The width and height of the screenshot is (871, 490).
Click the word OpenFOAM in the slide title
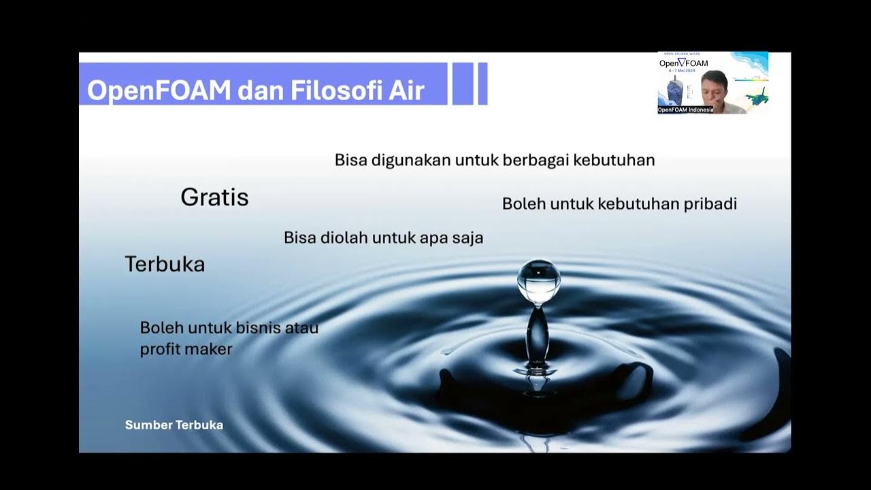159,91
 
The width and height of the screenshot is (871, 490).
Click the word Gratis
214,197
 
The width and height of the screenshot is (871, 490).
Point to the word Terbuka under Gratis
165,264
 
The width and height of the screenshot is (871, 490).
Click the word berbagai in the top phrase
536,161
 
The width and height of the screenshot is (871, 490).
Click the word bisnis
258,327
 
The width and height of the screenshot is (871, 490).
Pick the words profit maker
186,349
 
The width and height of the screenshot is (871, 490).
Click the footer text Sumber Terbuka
174,425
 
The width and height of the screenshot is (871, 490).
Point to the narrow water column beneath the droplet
538,333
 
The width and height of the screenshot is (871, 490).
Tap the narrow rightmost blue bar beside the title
482,84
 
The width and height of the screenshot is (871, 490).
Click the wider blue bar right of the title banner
463,84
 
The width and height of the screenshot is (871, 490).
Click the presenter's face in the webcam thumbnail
714,86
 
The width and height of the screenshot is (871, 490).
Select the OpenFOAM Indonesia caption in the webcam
685,110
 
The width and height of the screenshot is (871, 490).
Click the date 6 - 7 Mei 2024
683,71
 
